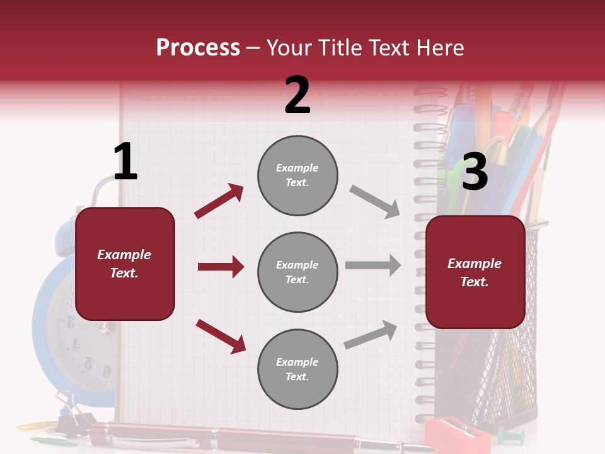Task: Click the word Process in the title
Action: [198, 48]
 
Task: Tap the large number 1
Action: [125, 161]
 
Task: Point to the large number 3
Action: [475, 172]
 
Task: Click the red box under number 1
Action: [125, 264]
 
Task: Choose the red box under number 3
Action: [475, 272]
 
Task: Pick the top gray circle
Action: [297, 175]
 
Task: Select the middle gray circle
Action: [297, 272]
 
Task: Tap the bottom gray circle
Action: [297, 370]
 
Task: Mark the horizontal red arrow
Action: [221, 267]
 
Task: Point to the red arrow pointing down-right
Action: [221, 336]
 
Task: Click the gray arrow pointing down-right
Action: [375, 201]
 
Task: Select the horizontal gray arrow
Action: [373, 265]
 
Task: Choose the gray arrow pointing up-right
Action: [371, 334]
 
